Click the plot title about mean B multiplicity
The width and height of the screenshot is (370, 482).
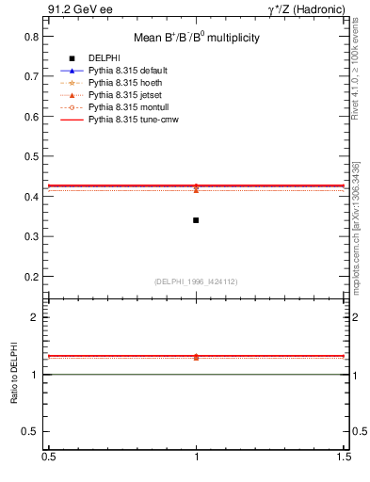point(196,38)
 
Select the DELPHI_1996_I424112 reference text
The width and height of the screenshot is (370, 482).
point(196,281)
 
